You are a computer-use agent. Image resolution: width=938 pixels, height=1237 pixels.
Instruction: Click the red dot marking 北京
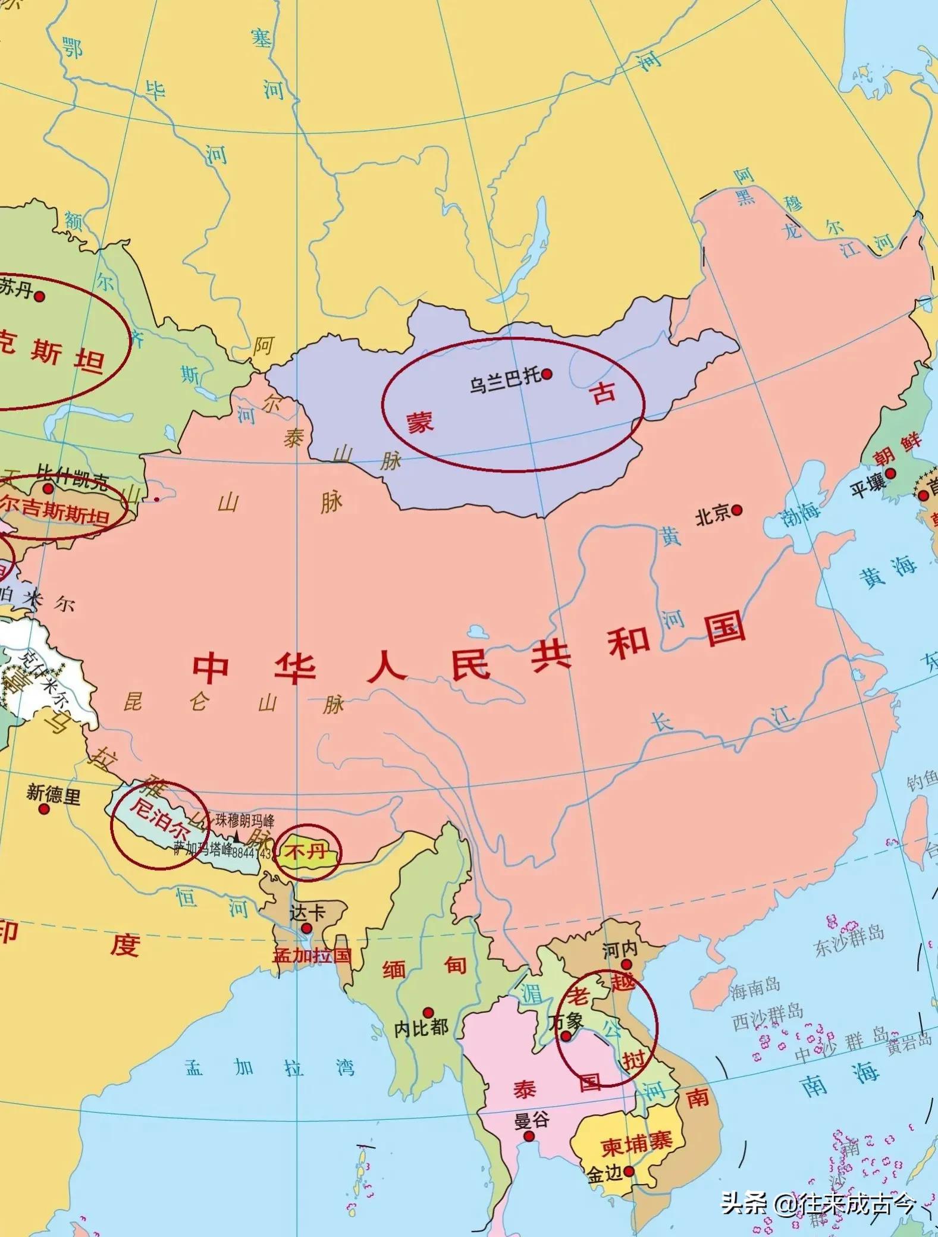pos(738,510)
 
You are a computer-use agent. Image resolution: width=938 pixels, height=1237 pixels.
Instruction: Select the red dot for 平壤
pos(890,473)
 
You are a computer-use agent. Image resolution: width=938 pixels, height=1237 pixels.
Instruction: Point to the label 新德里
pos(53,794)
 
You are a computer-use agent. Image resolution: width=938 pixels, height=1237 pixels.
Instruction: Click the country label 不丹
pos(306,852)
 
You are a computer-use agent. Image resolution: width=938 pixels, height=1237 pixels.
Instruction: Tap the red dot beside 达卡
pos(307,928)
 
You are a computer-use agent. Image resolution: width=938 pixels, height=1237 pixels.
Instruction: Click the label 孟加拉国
pos(312,956)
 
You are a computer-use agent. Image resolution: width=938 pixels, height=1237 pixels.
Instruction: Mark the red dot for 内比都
pos(428,1012)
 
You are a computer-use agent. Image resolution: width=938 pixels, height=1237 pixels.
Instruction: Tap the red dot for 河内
pos(626,964)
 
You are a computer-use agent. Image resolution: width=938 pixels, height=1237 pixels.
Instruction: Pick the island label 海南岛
pos(755,987)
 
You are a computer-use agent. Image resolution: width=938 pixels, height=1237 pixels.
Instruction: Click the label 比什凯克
pos(72,478)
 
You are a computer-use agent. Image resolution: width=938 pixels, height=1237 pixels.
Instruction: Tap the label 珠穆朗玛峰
pos(244,821)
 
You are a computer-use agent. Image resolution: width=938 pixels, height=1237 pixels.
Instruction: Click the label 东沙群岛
pos(849,940)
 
